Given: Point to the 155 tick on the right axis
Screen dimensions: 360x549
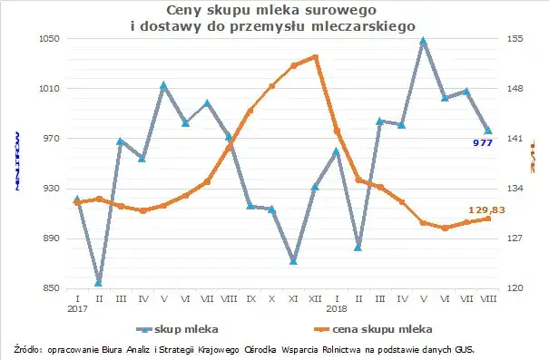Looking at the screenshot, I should coord(515,39).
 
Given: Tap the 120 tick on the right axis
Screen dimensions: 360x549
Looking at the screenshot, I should coord(515,288).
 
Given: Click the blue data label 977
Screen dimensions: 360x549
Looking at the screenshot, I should coord(482,143).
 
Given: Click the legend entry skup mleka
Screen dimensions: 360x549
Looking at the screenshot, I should coord(185,328).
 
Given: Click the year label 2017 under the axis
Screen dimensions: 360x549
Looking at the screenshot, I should coord(78,307).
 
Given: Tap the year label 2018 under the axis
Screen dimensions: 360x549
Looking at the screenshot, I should coord(338,307).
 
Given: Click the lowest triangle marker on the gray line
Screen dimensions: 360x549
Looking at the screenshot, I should coord(99,283).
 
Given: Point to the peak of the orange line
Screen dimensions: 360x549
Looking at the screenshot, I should coord(315,57).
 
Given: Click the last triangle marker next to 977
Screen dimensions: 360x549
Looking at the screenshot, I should coord(488,131).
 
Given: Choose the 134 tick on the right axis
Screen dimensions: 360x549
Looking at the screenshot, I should coord(515,189).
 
